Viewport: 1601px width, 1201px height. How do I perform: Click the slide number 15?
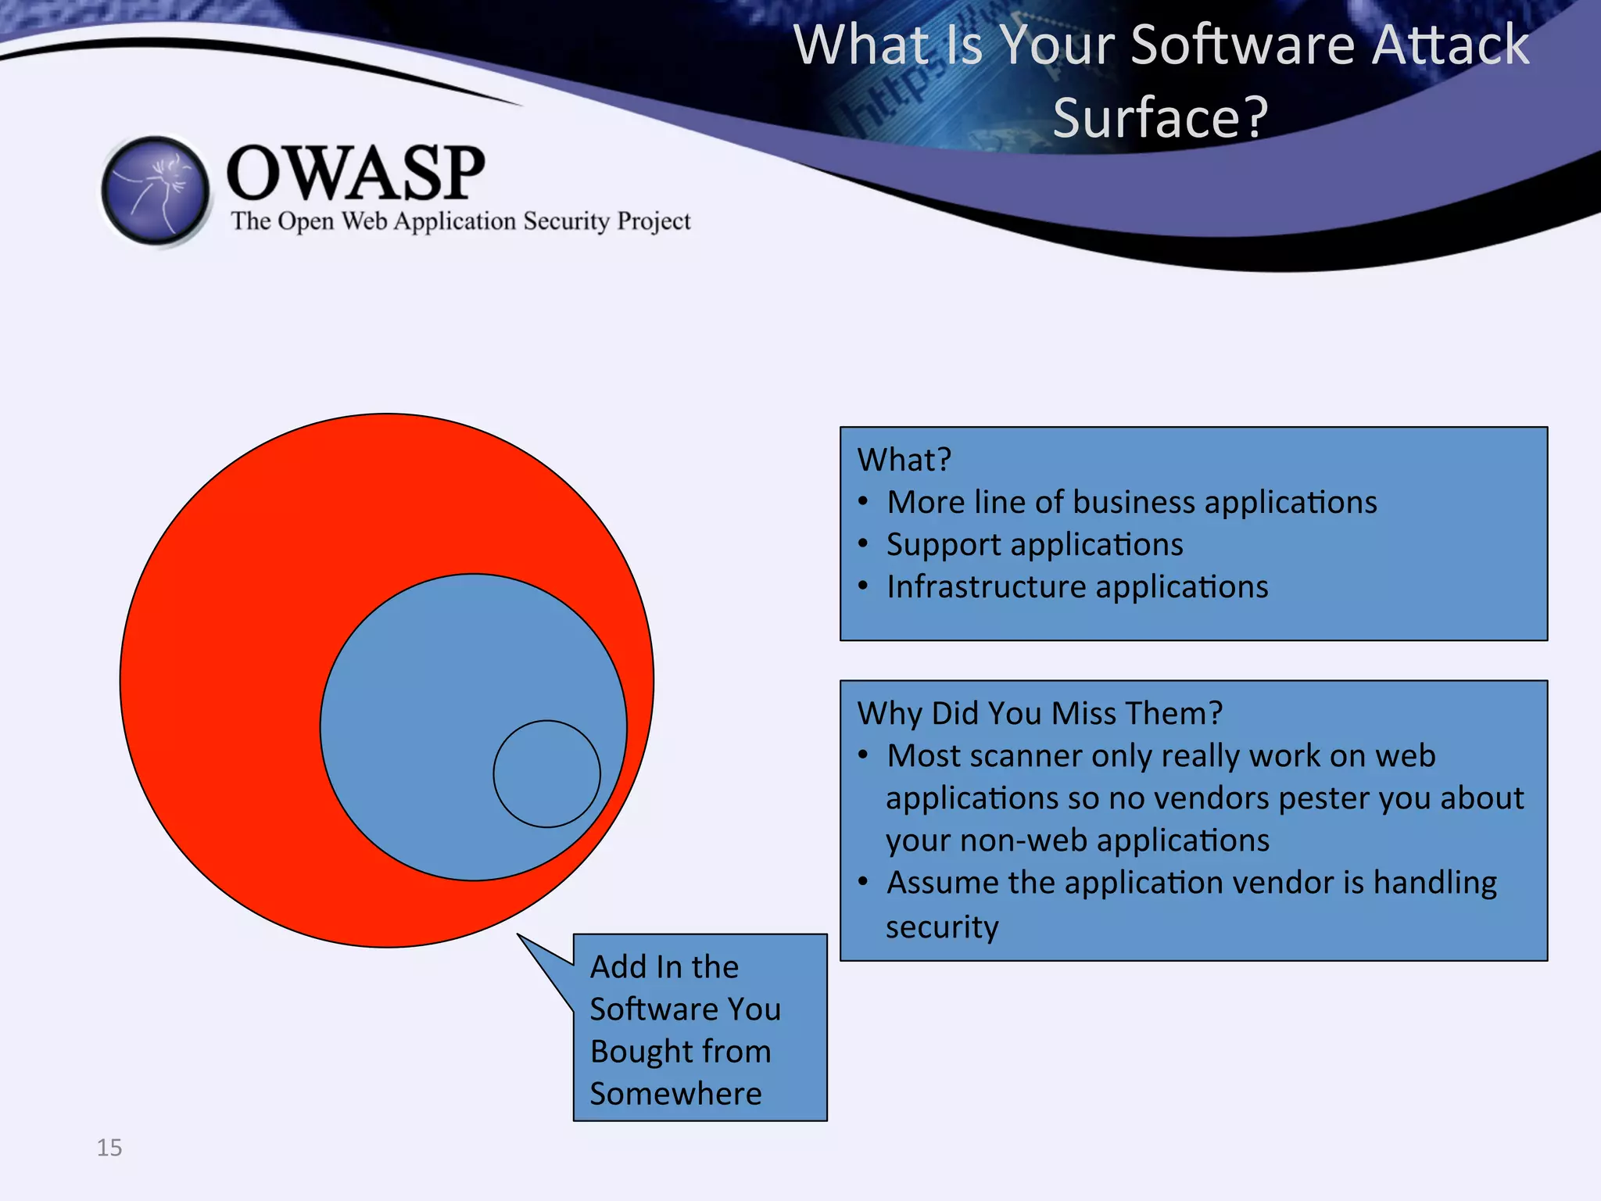[109, 1147]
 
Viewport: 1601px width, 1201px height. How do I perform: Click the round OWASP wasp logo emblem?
[156, 190]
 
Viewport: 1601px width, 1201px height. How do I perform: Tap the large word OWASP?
[356, 173]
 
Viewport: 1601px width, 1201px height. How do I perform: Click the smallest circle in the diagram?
[546, 773]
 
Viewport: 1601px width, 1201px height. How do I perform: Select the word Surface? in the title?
[1160, 117]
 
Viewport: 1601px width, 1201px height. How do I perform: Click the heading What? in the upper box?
[904, 460]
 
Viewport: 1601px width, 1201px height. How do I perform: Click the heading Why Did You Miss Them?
[1040, 713]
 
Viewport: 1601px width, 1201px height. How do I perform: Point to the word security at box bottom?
[942, 927]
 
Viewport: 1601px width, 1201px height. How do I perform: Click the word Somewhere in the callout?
[675, 1093]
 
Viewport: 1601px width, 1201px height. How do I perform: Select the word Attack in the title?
[1450, 45]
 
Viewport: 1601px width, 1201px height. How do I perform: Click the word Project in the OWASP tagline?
[654, 221]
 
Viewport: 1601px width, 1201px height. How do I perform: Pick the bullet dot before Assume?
[863, 882]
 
